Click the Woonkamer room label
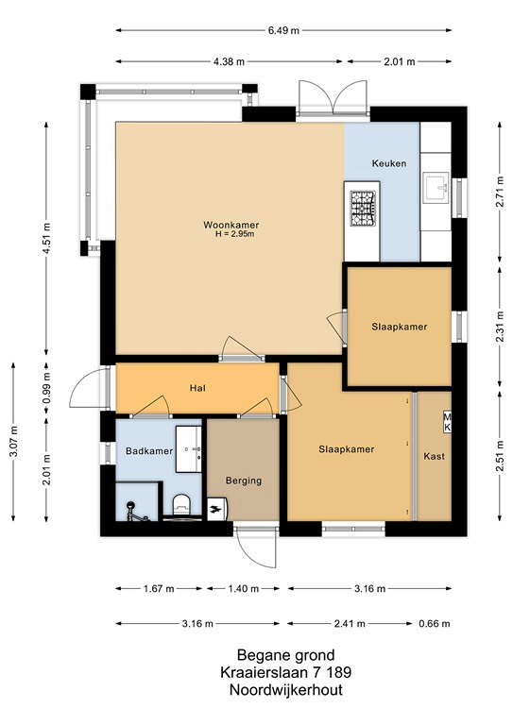(x=231, y=226)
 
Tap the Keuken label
(x=389, y=163)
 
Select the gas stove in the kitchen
(x=363, y=208)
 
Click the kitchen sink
(x=436, y=188)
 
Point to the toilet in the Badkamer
(x=180, y=505)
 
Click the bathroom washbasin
(x=189, y=449)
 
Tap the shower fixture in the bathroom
(x=134, y=512)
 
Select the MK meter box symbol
(x=447, y=421)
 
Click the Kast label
(x=434, y=456)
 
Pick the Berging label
(x=244, y=481)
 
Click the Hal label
(x=197, y=388)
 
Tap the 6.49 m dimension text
(x=283, y=30)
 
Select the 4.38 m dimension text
(x=229, y=61)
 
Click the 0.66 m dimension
(x=435, y=624)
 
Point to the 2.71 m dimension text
(x=500, y=192)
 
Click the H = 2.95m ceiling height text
(x=235, y=234)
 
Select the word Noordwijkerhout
(x=286, y=690)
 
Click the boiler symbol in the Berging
(x=216, y=509)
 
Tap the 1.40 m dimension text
(x=244, y=589)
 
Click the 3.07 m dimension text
(x=13, y=441)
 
